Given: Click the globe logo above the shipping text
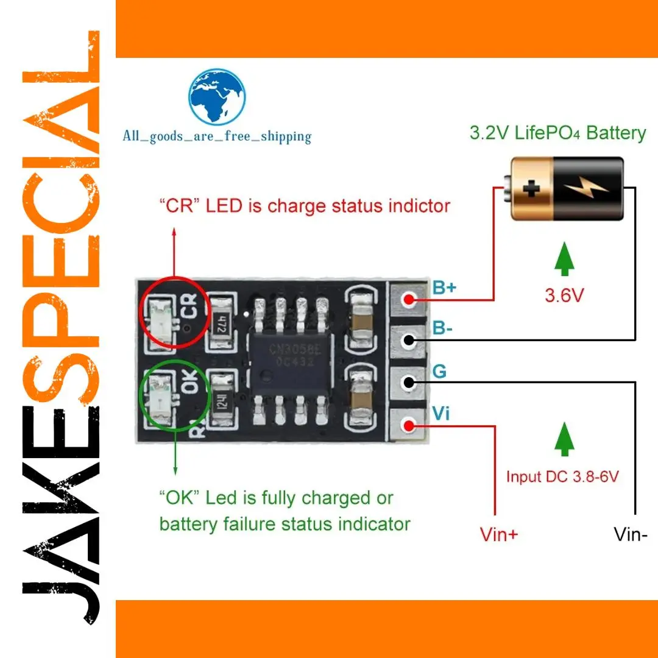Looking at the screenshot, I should [217, 98].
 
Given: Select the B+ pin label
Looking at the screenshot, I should [444, 288].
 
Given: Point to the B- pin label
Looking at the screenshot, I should [443, 329].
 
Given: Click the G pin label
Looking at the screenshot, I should [439, 371].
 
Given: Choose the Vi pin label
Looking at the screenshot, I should [441, 413].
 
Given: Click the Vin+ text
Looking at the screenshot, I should [499, 534].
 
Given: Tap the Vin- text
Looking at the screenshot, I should [631, 534].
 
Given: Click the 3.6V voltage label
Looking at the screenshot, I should [564, 296].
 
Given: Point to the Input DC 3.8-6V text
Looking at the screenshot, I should [562, 476].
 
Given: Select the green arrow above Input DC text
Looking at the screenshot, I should [564, 440].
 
